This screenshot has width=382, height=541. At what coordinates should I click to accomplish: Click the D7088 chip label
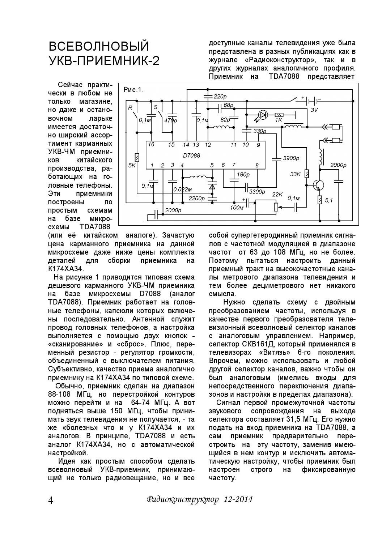pos(191,156)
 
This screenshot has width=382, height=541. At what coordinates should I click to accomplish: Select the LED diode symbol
pos(263,115)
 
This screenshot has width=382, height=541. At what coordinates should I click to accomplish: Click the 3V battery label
pos(314,110)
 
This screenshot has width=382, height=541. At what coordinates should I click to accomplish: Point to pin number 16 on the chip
pos(151,145)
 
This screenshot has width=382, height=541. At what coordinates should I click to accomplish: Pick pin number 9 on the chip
pos(258,145)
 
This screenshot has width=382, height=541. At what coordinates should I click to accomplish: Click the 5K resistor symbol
pos(136,158)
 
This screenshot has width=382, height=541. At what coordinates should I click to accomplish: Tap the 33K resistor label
pos(295,174)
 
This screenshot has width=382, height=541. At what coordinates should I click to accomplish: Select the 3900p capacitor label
pos(291,158)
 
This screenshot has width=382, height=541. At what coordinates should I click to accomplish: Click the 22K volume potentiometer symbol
pos(276,206)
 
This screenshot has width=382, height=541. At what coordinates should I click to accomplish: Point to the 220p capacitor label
pos(220,97)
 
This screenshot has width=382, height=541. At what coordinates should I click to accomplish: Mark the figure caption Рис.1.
pos(133,90)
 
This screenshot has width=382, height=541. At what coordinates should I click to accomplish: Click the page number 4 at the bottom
pos(51,500)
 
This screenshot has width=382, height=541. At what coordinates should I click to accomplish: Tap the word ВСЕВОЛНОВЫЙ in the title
pos(99,46)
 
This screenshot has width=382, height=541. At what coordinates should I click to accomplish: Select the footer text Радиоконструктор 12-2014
pos(200,499)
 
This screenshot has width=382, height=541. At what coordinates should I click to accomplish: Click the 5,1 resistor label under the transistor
pos(329,200)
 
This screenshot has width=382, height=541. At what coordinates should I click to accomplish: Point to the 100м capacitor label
pos(237,208)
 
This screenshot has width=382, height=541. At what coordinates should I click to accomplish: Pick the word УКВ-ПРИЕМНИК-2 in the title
pos(104,61)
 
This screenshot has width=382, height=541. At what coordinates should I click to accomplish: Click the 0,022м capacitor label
pos(182,189)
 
